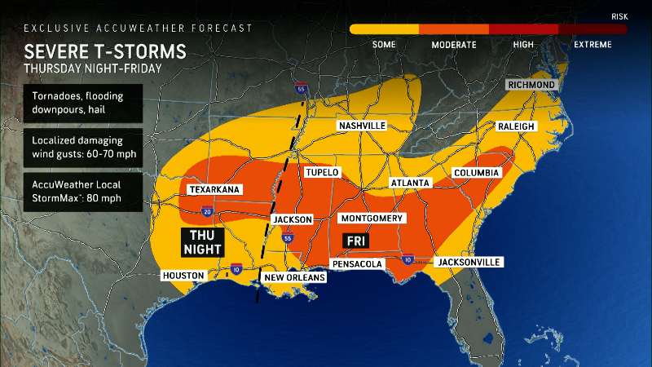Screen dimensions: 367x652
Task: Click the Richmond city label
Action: tap(531, 85)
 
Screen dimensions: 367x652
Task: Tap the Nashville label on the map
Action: tap(363, 126)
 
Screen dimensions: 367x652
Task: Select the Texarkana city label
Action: tap(214, 189)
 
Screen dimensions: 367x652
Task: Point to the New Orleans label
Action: tap(293, 277)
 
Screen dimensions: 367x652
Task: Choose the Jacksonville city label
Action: tap(469, 262)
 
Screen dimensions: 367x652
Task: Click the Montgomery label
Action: tap(372, 219)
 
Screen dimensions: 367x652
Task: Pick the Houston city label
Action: tap(183, 276)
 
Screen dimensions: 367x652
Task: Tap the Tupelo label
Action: tap(322, 173)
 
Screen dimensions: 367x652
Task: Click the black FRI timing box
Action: tap(355, 241)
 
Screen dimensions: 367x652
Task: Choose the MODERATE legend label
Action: tap(454, 44)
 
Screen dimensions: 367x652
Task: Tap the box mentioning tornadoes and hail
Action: tap(73, 103)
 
